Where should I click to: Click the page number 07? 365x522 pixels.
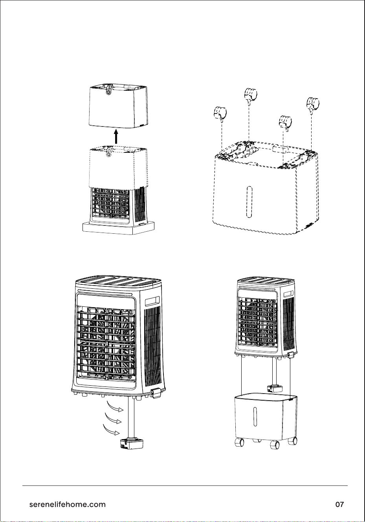click(339, 505)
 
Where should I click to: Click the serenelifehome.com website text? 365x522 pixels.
click(67, 505)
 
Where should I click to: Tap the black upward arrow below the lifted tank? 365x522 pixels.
click(116, 137)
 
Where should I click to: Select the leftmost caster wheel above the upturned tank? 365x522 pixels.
click(220, 113)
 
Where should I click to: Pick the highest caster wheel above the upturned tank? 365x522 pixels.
click(251, 95)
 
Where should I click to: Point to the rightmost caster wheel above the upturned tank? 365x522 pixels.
click(313, 104)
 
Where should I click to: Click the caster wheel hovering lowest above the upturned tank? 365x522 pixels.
click(285, 122)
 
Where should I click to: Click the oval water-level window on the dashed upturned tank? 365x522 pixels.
click(249, 202)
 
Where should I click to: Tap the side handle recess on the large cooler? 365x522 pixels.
click(152, 301)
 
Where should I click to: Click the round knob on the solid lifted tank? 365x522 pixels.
click(108, 92)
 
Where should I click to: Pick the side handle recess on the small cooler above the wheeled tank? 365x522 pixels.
click(288, 294)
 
